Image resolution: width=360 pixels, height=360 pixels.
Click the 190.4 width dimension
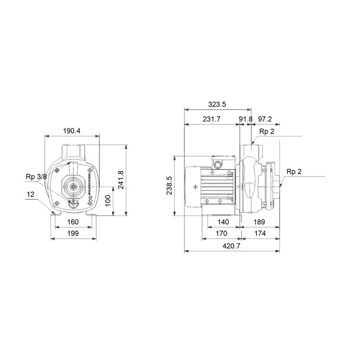(x=72, y=131)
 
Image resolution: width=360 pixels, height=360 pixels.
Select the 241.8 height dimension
(x=121, y=180)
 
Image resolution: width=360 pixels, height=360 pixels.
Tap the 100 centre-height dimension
(x=108, y=201)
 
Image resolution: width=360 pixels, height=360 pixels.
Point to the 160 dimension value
(x=73, y=222)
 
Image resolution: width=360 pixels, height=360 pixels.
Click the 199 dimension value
(x=73, y=233)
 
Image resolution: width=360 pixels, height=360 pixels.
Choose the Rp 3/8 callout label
(x=36, y=177)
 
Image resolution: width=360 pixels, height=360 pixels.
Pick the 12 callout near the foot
(x=31, y=194)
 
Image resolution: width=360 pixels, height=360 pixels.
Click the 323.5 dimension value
(x=217, y=104)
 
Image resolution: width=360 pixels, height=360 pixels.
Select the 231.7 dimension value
(x=212, y=119)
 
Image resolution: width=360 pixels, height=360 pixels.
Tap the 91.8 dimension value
(x=246, y=119)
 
